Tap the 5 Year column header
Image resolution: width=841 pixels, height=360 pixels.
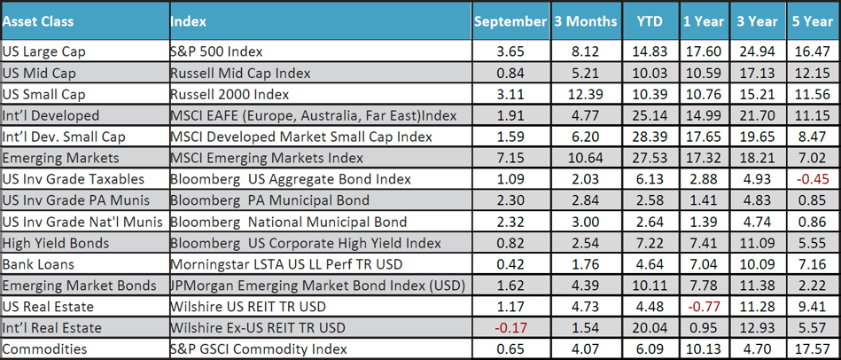810,20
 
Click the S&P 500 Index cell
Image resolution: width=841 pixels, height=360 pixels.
216,51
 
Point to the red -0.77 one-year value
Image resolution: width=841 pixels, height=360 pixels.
703,307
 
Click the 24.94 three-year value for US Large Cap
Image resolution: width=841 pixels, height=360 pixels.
757,51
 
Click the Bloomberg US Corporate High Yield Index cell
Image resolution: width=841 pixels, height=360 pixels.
305,243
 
